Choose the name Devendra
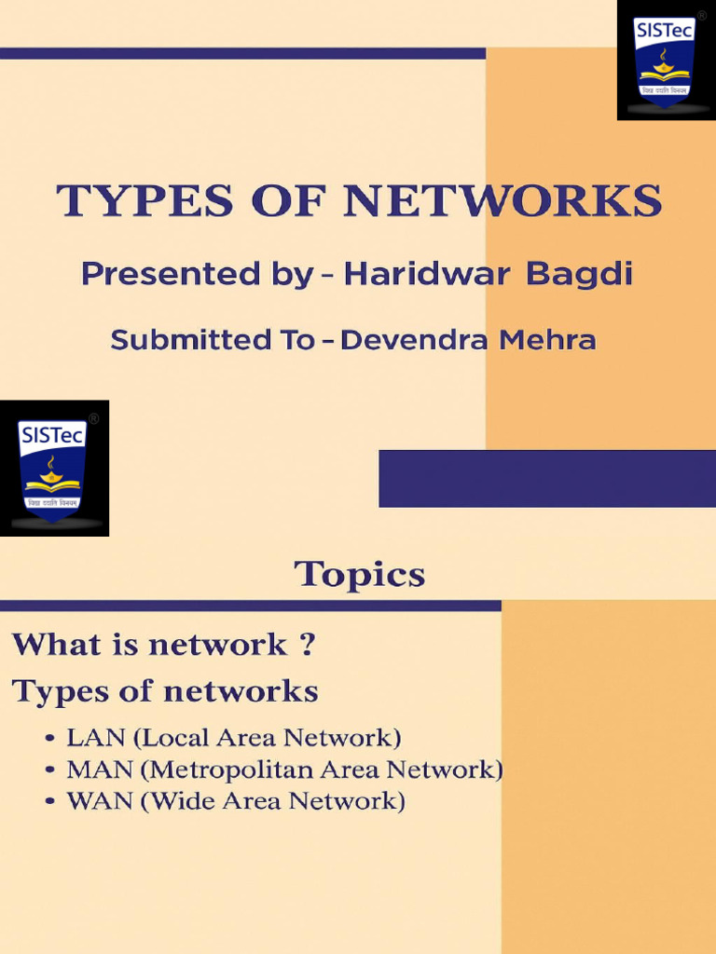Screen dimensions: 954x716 pos(414,341)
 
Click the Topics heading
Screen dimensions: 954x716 pos(360,575)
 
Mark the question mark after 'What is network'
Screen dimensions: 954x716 pos(307,645)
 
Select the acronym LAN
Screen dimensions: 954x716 pos(95,739)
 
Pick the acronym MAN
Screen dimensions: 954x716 pos(97,770)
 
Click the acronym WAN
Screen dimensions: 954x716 pos(97,801)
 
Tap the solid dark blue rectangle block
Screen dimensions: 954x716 pos(546,479)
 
